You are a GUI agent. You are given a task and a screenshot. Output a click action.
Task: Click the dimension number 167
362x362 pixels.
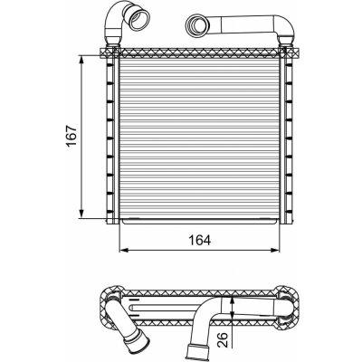coord(72,136)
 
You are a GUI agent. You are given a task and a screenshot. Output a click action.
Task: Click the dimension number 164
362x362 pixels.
coord(199,240)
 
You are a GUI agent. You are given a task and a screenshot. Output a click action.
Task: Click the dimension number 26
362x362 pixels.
coord(222,340)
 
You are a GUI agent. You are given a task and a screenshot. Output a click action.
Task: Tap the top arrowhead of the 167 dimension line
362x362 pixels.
coord(81,59)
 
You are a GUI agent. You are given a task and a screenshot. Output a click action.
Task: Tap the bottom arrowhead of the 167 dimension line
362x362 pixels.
coord(81,214)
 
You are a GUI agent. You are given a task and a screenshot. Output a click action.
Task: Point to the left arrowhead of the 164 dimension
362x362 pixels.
coord(124,250)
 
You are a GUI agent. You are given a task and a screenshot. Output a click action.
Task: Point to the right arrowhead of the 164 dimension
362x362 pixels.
coord(275,250)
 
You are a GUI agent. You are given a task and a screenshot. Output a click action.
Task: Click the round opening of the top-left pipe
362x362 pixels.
coord(139,20)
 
